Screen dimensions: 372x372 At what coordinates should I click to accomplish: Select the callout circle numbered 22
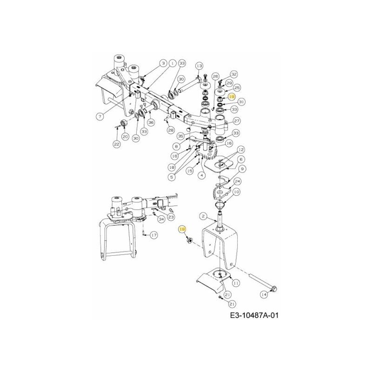click(116, 145)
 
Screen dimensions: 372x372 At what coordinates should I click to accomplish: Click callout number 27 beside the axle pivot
click(236, 121)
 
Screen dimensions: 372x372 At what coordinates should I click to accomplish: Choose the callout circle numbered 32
click(234, 74)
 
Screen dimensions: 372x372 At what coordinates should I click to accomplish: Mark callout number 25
click(237, 87)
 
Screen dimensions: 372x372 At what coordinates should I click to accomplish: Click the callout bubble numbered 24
click(237, 181)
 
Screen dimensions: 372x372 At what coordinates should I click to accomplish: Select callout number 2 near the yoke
click(203, 216)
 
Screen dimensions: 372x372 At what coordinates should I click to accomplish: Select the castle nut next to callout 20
click(124, 124)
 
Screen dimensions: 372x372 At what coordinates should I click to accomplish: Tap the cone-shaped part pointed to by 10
click(217, 204)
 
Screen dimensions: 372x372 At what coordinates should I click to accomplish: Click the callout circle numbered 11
click(236, 282)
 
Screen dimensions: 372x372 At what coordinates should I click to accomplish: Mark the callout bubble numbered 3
click(163, 63)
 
